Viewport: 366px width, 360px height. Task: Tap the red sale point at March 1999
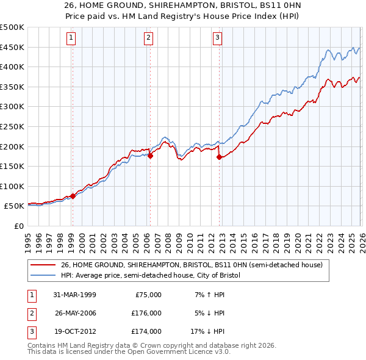point(73,196)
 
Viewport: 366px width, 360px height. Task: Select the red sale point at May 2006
point(150,156)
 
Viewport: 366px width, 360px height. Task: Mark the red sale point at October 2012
point(219,157)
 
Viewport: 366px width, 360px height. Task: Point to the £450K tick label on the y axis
point(12,47)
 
